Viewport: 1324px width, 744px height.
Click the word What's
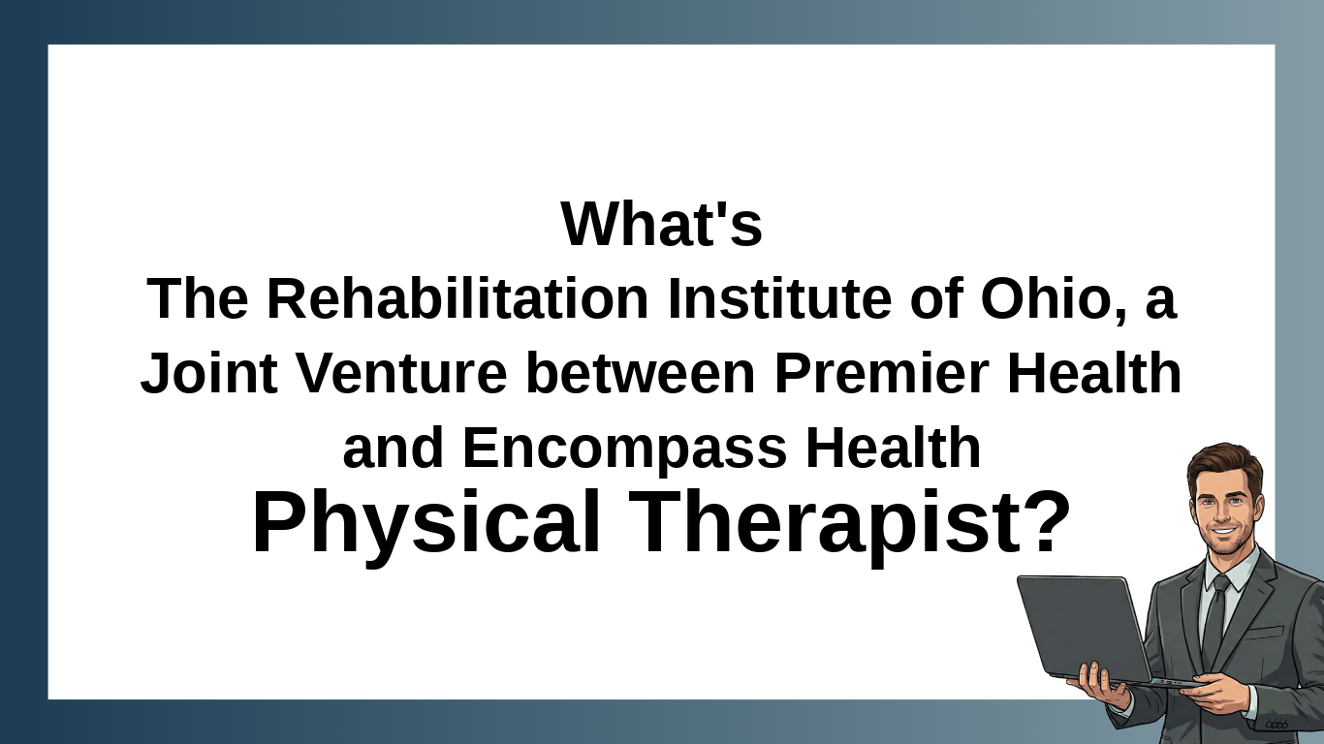661,224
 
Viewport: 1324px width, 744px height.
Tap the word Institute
779,298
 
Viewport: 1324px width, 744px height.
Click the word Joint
208,372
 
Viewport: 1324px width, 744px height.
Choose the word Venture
401,372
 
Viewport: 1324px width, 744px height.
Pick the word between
641,372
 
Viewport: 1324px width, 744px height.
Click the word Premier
882,372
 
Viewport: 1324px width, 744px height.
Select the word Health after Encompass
893,448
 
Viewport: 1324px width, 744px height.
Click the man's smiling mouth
1224,531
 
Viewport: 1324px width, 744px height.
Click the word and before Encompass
394,448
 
